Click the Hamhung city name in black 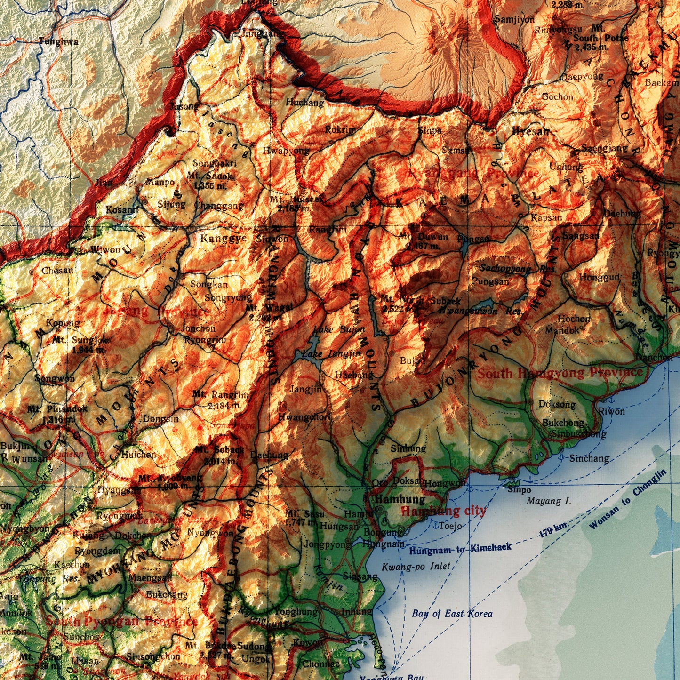tap(400, 499)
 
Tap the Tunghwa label tap(58, 41)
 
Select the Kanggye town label tap(224, 238)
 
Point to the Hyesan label tap(531, 131)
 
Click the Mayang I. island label tap(549, 501)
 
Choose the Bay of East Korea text tap(452, 614)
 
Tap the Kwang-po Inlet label tap(416, 567)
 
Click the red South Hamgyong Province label tap(560, 373)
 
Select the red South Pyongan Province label tap(121, 621)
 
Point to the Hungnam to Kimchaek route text tap(460, 549)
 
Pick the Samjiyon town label tap(514, 20)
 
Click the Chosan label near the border tap(57, 271)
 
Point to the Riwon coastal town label tap(612, 411)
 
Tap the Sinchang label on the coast tap(589, 458)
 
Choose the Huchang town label tap(305, 103)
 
